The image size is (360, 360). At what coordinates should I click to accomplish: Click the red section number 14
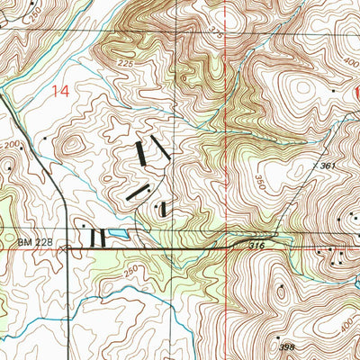point(61,90)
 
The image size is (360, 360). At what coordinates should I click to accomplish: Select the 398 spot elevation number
point(286,346)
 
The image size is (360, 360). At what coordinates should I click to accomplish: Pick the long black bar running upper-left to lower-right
point(159,148)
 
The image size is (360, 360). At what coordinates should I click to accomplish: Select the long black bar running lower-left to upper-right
point(137,191)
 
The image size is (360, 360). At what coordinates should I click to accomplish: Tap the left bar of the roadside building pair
point(93,238)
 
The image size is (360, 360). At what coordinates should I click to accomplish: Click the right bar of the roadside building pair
point(103,238)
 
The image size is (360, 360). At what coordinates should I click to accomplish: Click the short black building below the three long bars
point(163,210)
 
